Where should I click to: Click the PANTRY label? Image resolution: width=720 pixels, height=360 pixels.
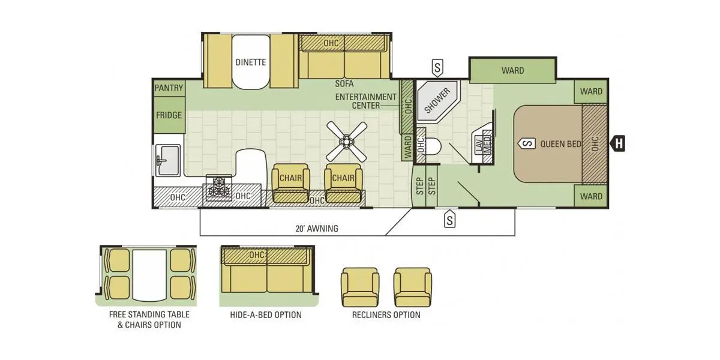tap(169, 88)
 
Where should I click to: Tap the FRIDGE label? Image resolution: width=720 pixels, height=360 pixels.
tap(169, 115)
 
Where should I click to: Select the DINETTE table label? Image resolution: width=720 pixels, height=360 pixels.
tap(251, 62)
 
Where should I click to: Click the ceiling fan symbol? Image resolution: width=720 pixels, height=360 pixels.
tap(347, 142)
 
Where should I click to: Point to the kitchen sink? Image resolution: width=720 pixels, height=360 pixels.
tap(168, 160)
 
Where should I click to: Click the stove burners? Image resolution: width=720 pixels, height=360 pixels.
tap(219, 187)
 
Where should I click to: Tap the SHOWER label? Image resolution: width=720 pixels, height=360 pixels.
tap(437, 101)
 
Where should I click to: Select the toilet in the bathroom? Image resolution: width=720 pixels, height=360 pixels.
tap(433, 146)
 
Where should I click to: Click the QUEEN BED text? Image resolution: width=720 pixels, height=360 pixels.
tap(560, 144)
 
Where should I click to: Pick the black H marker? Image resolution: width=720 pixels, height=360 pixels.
tap(618, 143)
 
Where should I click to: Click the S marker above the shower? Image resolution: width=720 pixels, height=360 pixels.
tap(437, 68)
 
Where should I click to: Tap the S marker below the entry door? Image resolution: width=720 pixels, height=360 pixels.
tap(449, 219)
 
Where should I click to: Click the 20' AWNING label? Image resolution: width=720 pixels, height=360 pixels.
tap(317, 229)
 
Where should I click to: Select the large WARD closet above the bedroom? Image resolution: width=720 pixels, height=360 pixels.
tap(512, 70)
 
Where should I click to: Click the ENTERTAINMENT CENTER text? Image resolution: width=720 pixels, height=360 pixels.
tap(366, 101)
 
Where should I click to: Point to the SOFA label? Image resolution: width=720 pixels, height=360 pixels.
tap(344, 84)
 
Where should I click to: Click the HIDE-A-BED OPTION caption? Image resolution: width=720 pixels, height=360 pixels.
tap(266, 315)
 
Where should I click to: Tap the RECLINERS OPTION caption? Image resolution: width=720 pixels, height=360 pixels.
tap(386, 315)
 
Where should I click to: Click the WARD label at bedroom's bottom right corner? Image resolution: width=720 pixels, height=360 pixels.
tap(591, 196)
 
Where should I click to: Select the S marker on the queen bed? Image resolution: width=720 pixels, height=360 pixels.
tap(527, 143)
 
